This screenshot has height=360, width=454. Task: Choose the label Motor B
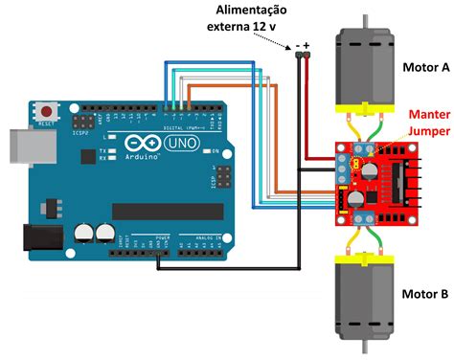coord(424,295)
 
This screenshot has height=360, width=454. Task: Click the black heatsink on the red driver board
coord(397,182)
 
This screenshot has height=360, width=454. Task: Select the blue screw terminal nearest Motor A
coord(362,147)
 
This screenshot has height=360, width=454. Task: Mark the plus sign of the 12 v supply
coord(308,43)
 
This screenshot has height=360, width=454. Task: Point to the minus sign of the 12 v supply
coord(298,43)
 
